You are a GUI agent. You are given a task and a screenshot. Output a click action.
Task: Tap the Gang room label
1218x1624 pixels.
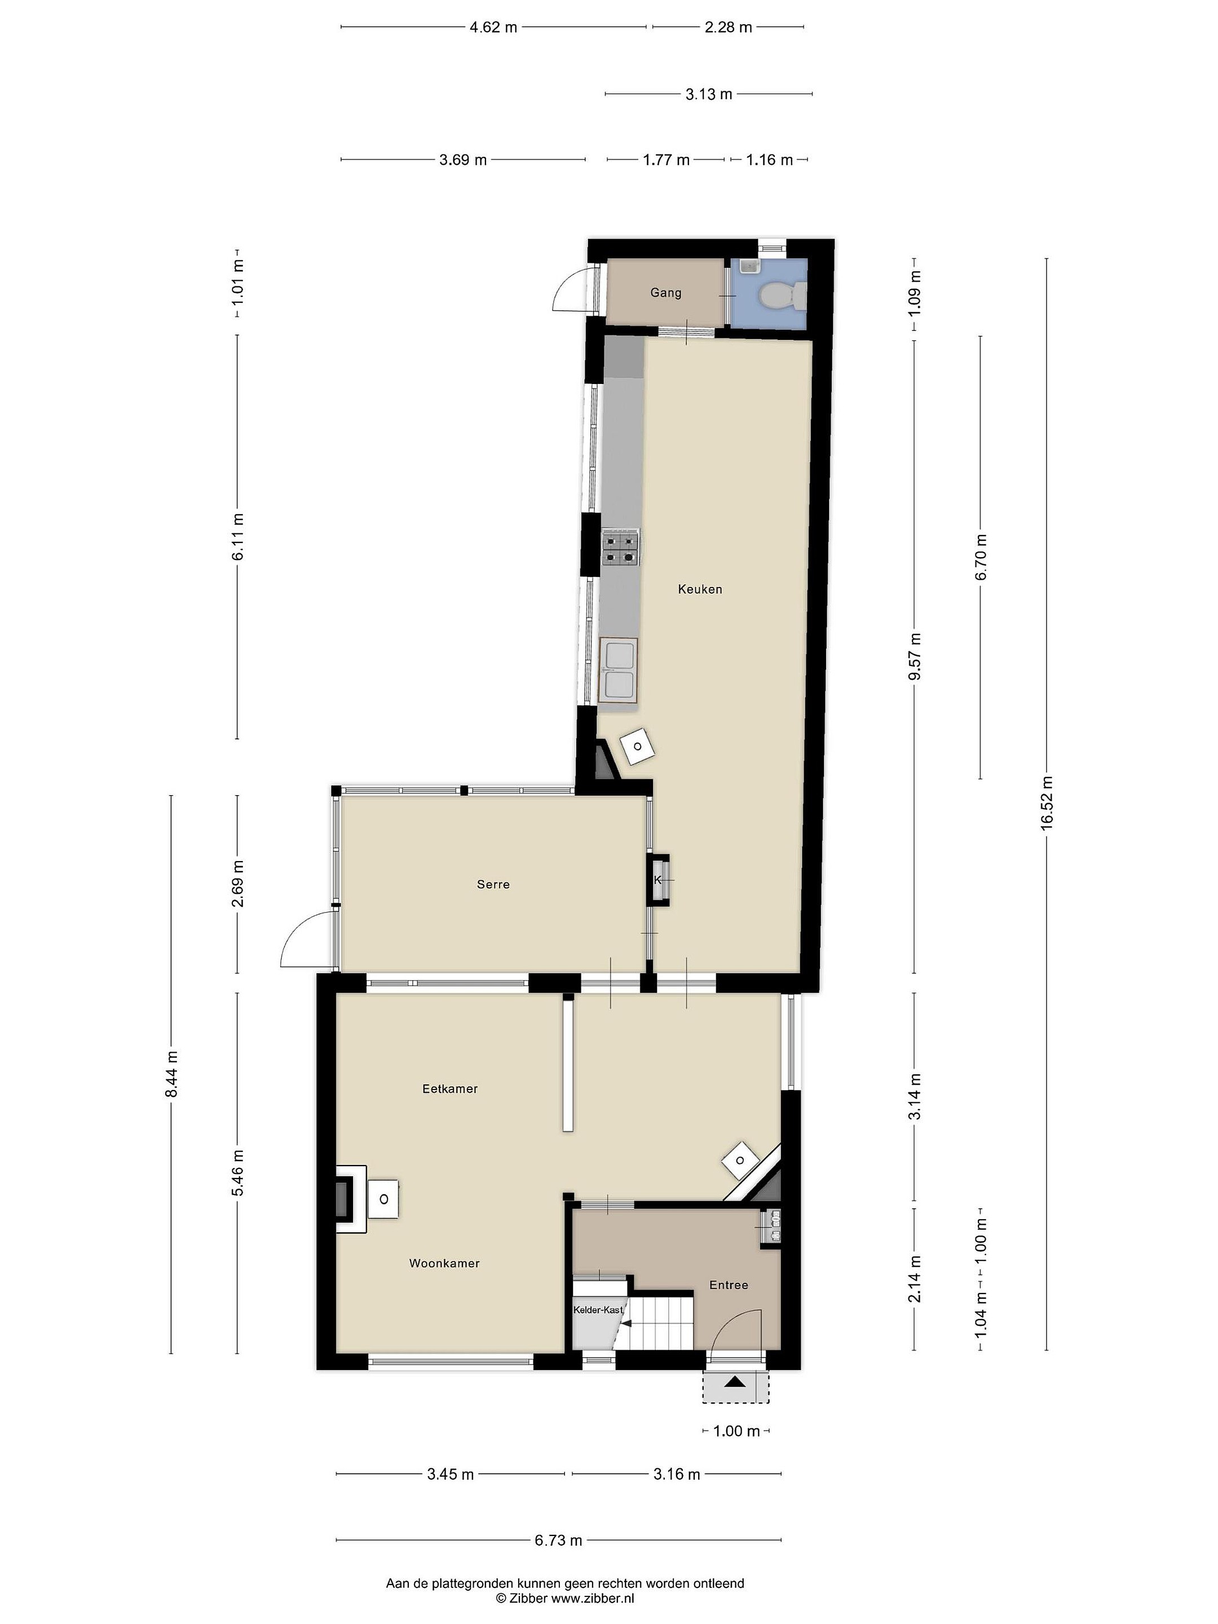pos(665,293)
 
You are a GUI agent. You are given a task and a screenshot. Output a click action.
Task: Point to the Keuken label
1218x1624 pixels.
pos(700,589)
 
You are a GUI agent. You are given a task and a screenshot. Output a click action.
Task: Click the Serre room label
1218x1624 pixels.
pos(493,885)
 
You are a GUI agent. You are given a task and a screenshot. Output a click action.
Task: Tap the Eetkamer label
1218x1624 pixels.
pos(449,1089)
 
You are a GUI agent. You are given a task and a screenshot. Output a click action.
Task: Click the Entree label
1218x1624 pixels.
pos(729,1285)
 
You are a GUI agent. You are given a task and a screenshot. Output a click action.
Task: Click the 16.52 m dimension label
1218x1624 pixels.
pos(1046,802)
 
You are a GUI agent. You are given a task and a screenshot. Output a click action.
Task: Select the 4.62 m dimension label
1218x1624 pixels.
pos(493,27)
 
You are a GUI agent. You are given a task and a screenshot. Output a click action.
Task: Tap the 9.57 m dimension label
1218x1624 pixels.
pos(914,656)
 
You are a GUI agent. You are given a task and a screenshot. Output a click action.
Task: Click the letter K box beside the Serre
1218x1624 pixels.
pos(658,880)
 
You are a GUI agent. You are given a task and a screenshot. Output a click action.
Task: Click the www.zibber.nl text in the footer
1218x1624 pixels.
pos(593,1597)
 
